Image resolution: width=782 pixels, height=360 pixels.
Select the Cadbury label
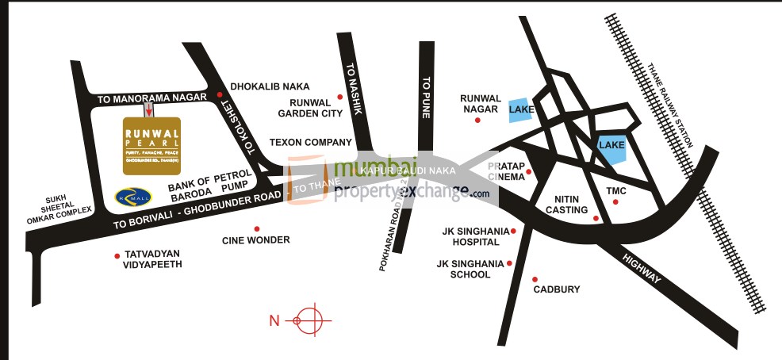click(556, 289)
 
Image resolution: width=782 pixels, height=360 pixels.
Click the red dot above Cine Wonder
click(256, 228)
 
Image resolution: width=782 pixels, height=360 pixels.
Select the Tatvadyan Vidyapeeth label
click(153, 259)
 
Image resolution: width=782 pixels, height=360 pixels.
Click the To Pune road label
click(426, 97)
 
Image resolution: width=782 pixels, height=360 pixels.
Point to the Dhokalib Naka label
click(270, 86)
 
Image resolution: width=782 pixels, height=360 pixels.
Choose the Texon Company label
click(310, 143)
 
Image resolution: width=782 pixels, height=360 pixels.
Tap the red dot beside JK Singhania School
click(509, 262)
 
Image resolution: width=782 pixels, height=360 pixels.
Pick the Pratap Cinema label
click(502, 171)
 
